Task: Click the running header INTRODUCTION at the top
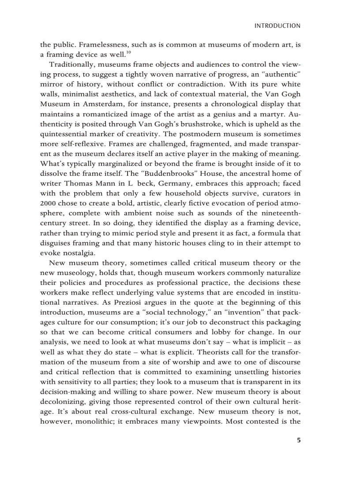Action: [277, 26]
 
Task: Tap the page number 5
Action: [299, 440]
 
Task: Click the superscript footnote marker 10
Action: [128, 53]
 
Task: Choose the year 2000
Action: [48, 202]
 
